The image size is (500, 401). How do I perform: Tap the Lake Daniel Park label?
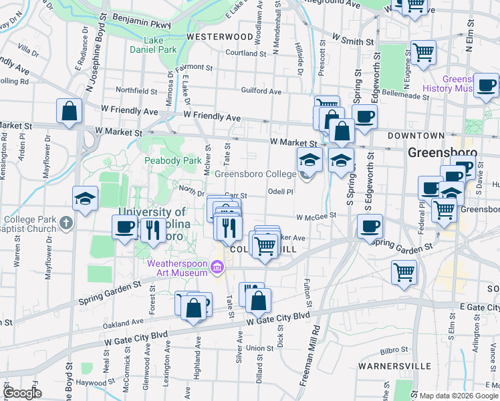click(x=154, y=45)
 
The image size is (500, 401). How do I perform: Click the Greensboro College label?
click(x=255, y=174)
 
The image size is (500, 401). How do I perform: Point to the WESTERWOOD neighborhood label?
click(x=219, y=36)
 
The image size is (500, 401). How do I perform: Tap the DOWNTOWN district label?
click(x=434, y=136)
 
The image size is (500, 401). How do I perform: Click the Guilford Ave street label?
click(x=261, y=91)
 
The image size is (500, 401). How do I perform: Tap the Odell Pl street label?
click(x=281, y=192)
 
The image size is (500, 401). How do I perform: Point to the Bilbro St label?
click(x=394, y=350)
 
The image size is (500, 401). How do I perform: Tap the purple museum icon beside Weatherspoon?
click(x=217, y=269)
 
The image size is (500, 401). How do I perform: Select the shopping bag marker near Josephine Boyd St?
click(x=69, y=112)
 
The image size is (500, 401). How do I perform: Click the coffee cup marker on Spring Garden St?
click(x=370, y=226)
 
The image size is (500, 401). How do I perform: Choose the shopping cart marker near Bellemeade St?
click(x=423, y=52)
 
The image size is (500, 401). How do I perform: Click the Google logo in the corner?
click(x=22, y=392)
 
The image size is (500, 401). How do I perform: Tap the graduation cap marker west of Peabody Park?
click(x=86, y=198)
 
